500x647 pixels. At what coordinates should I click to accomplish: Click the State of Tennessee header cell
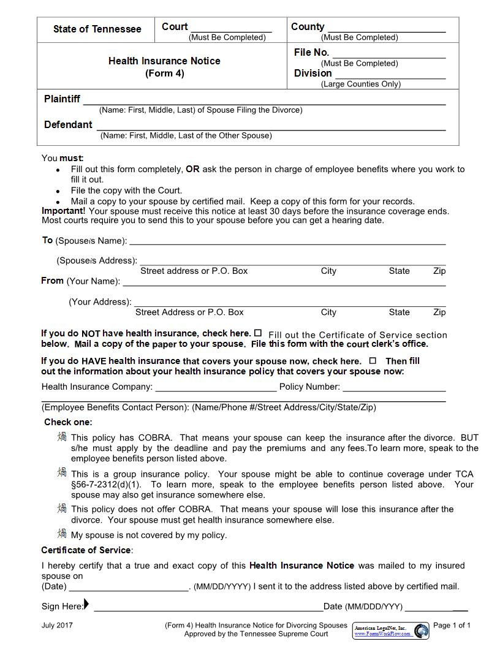(x=97, y=29)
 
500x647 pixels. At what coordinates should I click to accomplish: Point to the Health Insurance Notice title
(x=164, y=61)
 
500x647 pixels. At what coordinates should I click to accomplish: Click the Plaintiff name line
(x=264, y=100)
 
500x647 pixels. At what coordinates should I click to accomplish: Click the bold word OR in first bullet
(x=192, y=169)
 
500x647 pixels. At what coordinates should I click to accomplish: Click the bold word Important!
(x=64, y=211)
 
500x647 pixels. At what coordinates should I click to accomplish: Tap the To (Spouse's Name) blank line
(x=287, y=241)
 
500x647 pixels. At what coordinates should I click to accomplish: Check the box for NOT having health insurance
(x=258, y=333)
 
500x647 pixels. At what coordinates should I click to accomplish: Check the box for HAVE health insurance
(x=373, y=361)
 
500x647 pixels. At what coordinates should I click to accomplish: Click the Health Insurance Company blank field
(x=216, y=388)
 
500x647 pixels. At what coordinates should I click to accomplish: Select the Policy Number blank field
(x=394, y=388)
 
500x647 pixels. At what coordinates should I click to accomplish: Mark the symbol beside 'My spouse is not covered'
(x=62, y=533)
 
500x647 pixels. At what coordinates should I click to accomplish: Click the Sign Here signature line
(x=208, y=608)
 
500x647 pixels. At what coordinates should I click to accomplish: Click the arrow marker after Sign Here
(x=86, y=605)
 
